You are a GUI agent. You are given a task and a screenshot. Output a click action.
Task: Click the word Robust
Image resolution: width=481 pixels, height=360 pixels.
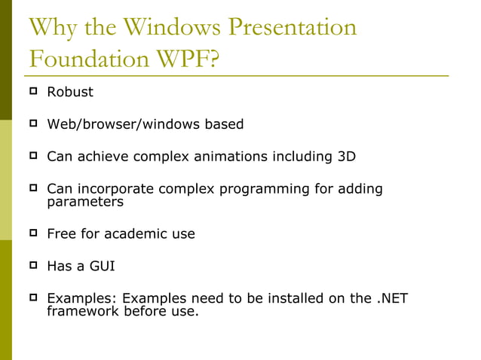click(x=70, y=93)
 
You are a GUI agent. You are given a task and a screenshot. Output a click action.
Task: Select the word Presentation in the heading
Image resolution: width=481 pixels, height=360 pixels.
click(x=292, y=27)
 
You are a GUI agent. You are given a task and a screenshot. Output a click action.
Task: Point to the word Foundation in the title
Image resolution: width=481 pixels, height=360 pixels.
click(x=87, y=59)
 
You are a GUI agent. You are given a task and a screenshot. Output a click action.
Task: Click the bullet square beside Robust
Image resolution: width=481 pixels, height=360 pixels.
click(x=33, y=92)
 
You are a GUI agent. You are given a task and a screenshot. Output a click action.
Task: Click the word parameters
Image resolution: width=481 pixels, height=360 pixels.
click(x=85, y=202)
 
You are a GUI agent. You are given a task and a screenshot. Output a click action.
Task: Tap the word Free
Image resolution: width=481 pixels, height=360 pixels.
click(x=61, y=233)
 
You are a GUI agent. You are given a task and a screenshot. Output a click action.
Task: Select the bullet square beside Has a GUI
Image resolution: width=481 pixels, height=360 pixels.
click(x=33, y=265)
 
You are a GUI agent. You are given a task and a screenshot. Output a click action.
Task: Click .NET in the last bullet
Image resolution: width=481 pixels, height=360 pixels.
click(x=392, y=298)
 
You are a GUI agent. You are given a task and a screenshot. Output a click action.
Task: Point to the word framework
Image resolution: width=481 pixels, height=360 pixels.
click(x=82, y=311)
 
